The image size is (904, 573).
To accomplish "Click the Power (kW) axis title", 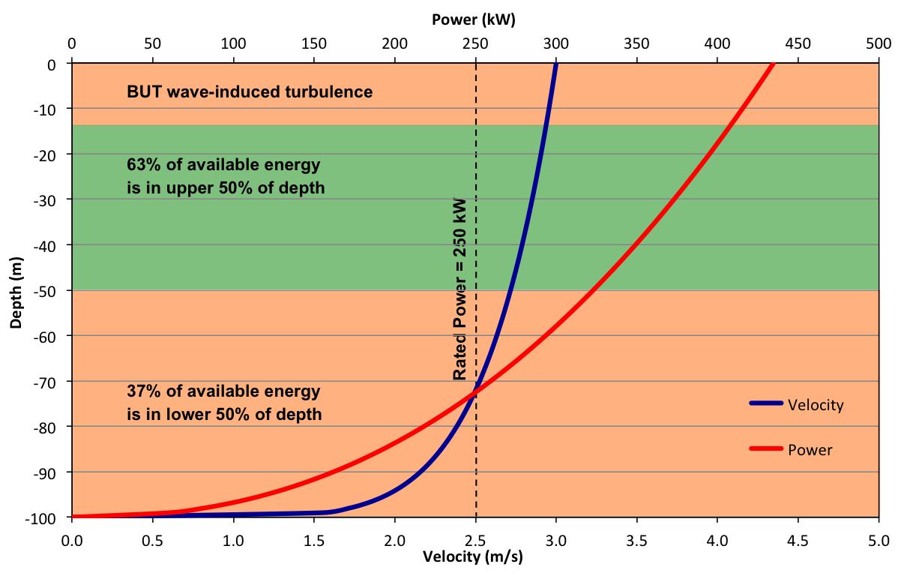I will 474,20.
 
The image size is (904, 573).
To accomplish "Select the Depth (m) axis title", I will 16,290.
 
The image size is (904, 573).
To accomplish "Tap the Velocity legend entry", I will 815,405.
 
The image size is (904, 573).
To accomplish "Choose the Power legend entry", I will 810,450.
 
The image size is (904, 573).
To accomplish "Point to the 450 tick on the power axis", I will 798,43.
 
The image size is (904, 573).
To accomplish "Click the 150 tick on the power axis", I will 313,43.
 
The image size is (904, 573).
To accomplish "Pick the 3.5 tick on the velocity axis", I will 636,539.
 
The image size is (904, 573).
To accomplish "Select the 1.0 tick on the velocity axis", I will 233,539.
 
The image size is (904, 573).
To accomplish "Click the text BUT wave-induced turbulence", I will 250,92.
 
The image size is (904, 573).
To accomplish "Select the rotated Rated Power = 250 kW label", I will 460,289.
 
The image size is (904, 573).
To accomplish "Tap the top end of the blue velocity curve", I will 555,65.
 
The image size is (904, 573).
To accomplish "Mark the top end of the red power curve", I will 773,65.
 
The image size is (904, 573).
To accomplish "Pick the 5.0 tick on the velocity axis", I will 879,539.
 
